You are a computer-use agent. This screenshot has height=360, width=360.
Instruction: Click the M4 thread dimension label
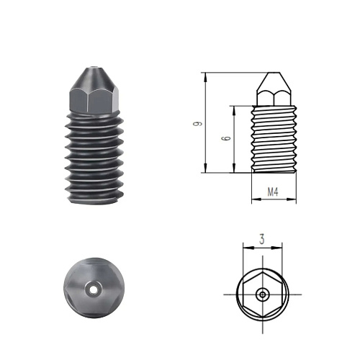[x=273, y=192]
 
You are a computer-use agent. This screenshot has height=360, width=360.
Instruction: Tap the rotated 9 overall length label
[x=198, y=124]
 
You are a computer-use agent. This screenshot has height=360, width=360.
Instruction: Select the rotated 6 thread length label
[x=226, y=138]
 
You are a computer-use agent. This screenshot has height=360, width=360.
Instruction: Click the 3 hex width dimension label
[x=262, y=239]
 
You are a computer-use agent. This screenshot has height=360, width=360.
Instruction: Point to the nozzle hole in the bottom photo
[x=94, y=290]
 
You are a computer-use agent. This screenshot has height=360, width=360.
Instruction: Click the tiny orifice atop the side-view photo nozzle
[x=95, y=68]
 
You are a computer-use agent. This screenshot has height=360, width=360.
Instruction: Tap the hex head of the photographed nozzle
[x=94, y=101]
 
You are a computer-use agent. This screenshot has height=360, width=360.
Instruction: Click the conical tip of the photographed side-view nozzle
[x=94, y=78]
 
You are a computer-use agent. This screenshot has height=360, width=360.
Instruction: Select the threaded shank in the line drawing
[x=274, y=139]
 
